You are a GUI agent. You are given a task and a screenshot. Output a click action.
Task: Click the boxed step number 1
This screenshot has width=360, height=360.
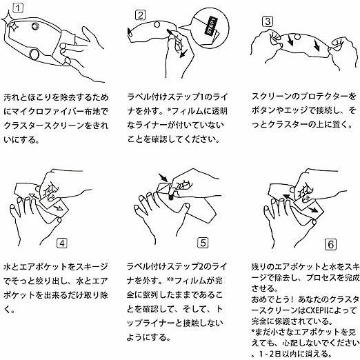coord(18,8)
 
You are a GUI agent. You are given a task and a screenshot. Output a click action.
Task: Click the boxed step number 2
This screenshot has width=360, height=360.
coord(141,15)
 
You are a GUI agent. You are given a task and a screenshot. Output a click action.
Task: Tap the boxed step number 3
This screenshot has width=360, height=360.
coord(268,21)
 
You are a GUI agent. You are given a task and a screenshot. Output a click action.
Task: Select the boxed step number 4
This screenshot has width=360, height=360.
coord(62,243)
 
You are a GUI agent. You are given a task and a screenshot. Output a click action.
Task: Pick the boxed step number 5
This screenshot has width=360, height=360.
coord(203,243)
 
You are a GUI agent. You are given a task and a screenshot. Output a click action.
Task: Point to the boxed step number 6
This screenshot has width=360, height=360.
coord(331,244)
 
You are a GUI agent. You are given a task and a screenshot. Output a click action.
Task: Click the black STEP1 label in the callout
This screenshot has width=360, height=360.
coord(211,26)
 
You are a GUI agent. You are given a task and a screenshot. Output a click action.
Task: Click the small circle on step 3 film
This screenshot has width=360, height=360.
coord(297,37)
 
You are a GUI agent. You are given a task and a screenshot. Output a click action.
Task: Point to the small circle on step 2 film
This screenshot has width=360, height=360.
coord(157,24)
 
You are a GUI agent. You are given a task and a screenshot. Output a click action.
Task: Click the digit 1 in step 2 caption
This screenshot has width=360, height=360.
coord(201,97)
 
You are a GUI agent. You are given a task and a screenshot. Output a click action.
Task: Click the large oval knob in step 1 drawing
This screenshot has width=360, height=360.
coord(34,54)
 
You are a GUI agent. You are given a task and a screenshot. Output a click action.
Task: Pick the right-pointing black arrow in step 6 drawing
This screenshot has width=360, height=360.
coord(313,210)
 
